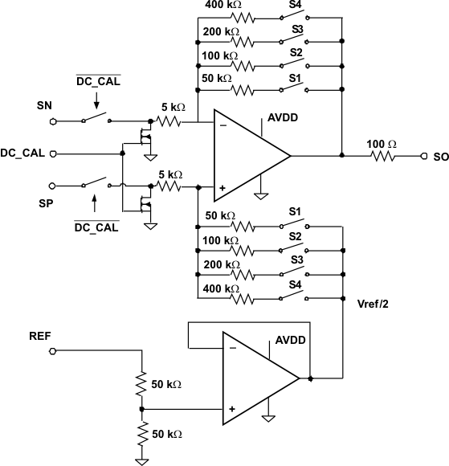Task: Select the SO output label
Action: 440,157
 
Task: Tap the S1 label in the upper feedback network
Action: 296,79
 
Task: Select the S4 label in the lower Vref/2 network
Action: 296,287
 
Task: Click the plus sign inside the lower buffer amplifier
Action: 231,409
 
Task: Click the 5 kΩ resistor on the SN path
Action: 169,122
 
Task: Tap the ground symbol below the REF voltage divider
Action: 141,460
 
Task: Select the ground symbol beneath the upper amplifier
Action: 261,194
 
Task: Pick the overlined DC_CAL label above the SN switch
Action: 98,80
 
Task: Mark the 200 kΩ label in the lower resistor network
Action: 221,264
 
